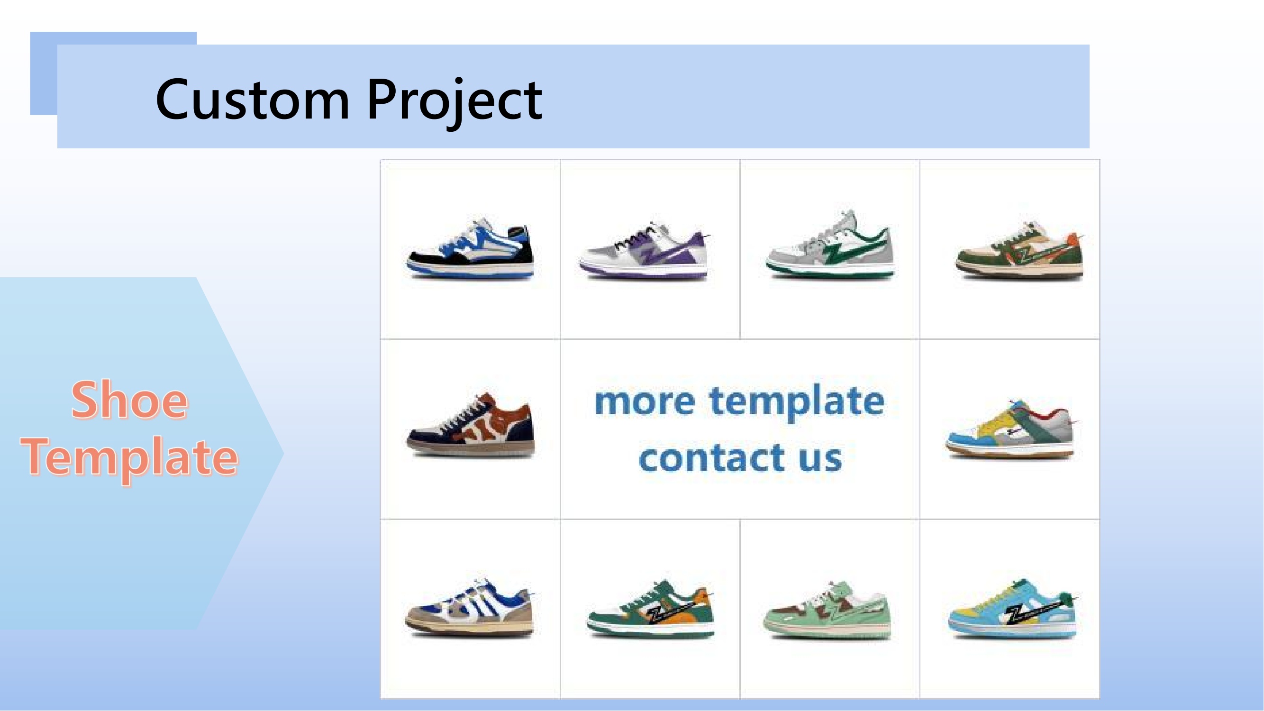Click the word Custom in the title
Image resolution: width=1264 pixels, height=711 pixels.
pos(253,100)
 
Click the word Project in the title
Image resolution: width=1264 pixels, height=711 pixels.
pos(455,103)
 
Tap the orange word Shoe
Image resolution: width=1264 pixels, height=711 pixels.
pos(129,400)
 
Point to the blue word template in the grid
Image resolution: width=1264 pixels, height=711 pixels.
pos(797,402)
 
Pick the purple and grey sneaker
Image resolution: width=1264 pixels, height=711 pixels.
pos(645,251)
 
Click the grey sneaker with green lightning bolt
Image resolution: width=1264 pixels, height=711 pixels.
pos(830,246)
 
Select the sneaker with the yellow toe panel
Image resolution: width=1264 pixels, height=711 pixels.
pos(1011,430)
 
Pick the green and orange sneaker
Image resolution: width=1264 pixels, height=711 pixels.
pos(651,609)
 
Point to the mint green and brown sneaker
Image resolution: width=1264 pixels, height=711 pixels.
pos(828,611)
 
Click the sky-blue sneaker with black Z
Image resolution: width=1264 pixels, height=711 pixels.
pos(1012,609)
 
